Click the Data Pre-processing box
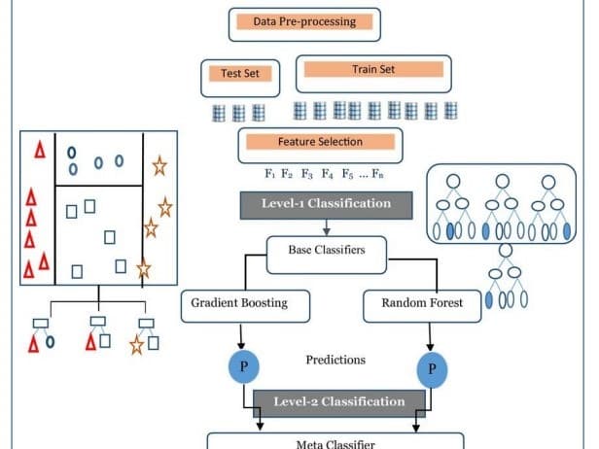click(303, 22)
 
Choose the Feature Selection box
click(320, 144)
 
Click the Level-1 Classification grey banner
click(326, 205)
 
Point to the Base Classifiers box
click(326, 251)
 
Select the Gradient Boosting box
click(247, 304)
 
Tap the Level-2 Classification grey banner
click(339, 401)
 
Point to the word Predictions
click(335, 361)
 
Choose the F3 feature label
click(306, 176)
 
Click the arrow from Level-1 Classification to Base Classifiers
click(326, 227)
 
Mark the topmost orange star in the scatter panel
click(159, 166)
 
